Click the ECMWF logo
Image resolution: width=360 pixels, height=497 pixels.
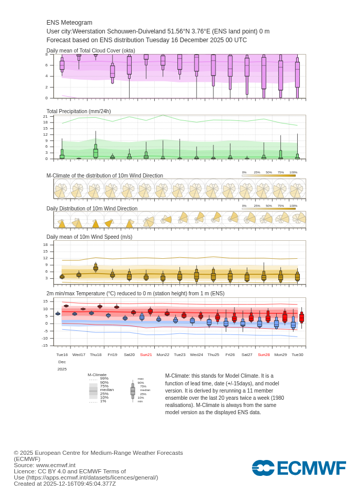299,468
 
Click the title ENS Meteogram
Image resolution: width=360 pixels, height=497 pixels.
69,23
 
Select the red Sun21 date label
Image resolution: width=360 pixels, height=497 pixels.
146,354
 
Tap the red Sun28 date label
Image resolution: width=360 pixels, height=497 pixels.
264,354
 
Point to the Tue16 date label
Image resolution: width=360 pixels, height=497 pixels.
62,354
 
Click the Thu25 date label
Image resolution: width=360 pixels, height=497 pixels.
213,354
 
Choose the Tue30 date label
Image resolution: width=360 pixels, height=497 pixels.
297,354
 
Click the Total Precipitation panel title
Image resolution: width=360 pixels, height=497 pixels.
79,111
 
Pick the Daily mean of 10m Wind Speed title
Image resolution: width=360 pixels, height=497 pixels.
89,237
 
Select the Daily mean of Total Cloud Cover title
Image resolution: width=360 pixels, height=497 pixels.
91,50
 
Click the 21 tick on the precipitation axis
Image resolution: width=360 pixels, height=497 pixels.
45,116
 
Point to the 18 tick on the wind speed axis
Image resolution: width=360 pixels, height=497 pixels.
45,244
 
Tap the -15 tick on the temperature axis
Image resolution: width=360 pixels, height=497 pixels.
45,345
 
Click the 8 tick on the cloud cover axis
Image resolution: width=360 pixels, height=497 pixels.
46,54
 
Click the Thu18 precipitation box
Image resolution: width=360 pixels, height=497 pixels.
96,153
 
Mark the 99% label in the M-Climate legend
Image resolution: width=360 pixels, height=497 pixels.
104,378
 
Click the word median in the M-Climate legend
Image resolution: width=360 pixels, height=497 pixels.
106,389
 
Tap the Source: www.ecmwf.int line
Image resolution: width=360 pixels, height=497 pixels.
45,465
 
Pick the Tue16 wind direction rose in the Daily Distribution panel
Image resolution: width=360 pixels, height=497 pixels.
62,223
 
